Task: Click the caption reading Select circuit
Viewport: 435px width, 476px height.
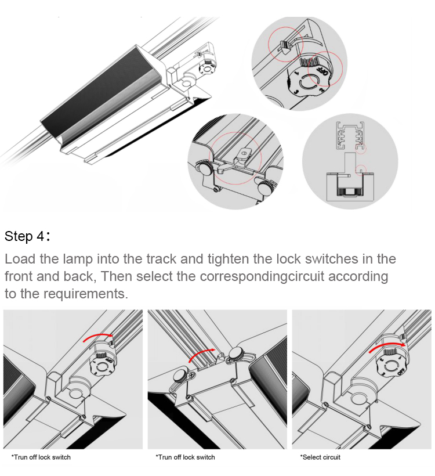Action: click(x=320, y=457)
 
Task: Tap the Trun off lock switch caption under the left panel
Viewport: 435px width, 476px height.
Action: click(x=41, y=457)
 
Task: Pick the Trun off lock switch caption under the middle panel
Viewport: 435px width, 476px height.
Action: click(x=185, y=457)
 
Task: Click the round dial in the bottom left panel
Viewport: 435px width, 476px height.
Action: click(x=104, y=367)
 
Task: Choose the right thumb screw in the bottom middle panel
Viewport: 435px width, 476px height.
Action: click(x=236, y=355)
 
